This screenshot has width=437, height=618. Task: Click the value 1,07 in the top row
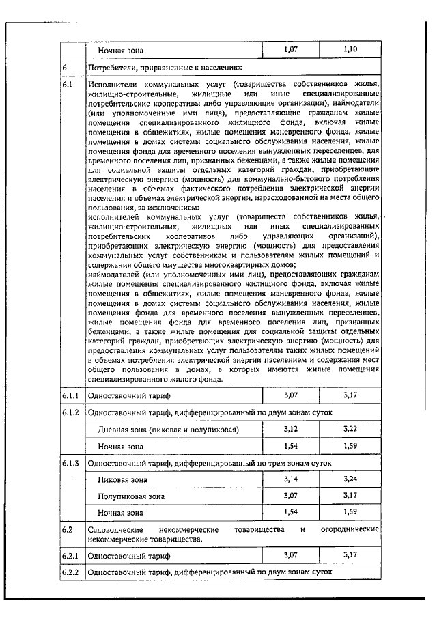coord(292,50)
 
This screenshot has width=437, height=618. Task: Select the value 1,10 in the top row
coord(351,50)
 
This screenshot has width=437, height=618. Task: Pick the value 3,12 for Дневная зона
coord(292,429)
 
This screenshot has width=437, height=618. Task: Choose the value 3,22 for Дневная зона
coord(351,429)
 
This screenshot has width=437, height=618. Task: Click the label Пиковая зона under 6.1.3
coord(122,479)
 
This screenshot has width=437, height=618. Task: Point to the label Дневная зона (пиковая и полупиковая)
coord(168,430)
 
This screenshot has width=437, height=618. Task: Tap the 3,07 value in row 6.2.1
coord(292,554)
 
